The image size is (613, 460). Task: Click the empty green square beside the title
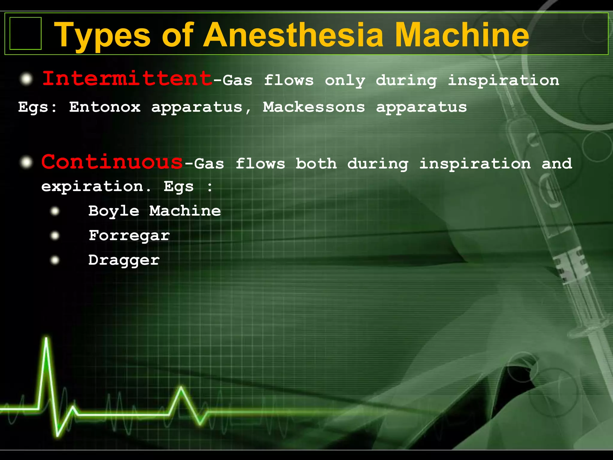(x=25, y=33)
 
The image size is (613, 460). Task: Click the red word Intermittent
(x=127, y=78)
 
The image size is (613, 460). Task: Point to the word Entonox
(x=105, y=107)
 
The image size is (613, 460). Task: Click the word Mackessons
(x=314, y=107)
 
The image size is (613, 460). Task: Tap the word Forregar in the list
(x=129, y=235)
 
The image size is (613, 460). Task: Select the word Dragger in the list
(x=124, y=260)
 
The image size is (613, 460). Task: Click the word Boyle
(x=114, y=211)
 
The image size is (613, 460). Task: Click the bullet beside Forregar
(x=55, y=236)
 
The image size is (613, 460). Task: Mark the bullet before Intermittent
(x=26, y=79)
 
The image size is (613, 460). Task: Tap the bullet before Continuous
(x=26, y=162)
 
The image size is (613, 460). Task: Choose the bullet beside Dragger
(x=55, y=260)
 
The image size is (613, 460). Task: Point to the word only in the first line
(x=345, y=81)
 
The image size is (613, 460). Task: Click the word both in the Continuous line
(x=316, y=164)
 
